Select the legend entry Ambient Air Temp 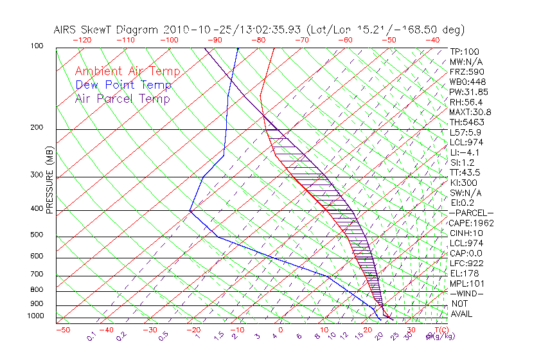(x=127, y=71)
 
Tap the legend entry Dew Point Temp (x=123, y=85)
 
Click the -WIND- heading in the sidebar (x=466, y=293)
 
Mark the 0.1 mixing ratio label (x=92, y=335)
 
